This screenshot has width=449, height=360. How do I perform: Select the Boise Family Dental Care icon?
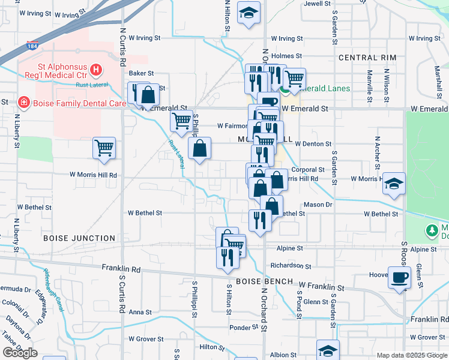pyautogui.click(x=23, y=103)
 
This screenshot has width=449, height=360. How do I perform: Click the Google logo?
pyautogui.click(x=20, y=353)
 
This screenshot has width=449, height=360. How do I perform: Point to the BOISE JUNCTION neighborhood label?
pyautogui.click(x=79, y=238)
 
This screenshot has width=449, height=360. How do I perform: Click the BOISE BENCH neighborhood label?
pyautogui.click(x=264, y=281)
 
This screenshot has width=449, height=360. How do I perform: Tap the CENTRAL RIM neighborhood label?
pyautogui.click(x=367, y=58)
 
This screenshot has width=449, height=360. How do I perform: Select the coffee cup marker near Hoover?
pyautogui.click(x=400, y=278)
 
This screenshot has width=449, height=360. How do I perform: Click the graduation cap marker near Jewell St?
pyautogui.click(x=247, y=14)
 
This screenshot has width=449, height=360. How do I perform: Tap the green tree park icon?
pyautogui.click(x=431, y=230)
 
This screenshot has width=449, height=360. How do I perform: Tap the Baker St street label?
pyautogui.click(x=142, y=73)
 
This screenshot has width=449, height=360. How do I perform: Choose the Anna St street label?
pyautogui.click(x=140, y=312)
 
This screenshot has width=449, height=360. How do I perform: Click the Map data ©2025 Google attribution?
pyautogui.click(x=412, y=355)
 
